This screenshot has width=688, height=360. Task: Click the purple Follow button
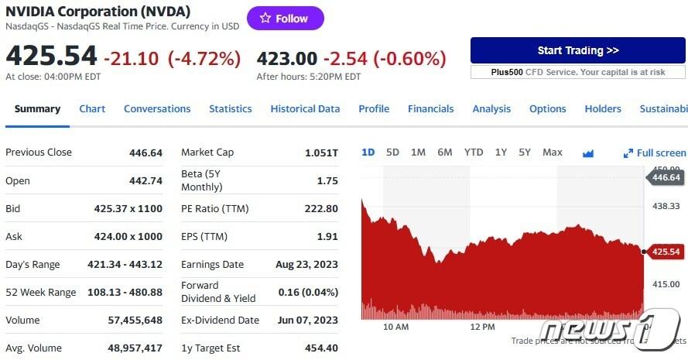tap(285, 18)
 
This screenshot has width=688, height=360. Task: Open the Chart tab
tap(92, 109)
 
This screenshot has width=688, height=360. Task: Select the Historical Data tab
tap(305, 109)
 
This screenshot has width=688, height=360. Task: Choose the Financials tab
tap(430, 109)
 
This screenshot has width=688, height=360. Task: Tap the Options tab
tap(547, 109)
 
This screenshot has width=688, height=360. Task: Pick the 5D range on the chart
tap(392, 153)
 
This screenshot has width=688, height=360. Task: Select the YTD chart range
tap(474, 153)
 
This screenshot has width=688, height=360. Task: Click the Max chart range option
tap(553, 153)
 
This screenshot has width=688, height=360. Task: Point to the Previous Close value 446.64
tap(145, 153)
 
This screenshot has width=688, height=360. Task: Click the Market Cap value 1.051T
tap(321, 153)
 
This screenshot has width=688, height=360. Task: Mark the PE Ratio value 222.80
tap(321, 208)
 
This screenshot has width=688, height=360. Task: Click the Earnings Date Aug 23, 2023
tap(306, 264)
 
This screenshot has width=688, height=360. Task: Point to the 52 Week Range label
tap(41, 292)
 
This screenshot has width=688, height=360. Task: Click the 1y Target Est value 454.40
tap(321, 348)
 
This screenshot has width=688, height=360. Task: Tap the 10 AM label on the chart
tap(395, 327)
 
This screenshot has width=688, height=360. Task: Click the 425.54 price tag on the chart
tap(666, 252)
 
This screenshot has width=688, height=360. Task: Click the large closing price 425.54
tap(51, 57)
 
